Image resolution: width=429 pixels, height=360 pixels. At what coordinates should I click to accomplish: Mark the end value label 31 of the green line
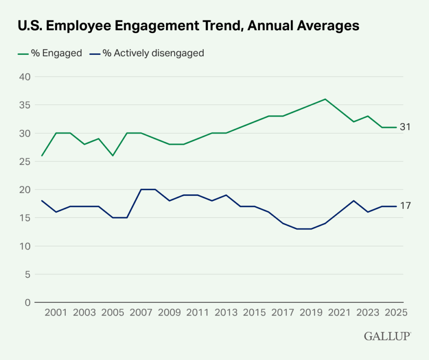tap(405, 127)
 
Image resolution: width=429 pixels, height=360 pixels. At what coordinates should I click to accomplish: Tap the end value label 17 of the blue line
tap(405, 206)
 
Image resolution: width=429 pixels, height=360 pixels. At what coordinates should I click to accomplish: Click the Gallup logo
tap(388, 336)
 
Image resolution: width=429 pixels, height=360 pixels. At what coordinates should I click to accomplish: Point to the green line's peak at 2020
tap(326, 99)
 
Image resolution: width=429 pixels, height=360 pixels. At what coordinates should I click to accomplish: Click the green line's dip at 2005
tap(112, 155)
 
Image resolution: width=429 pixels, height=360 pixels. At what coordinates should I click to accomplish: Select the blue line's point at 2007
tap(141, 189)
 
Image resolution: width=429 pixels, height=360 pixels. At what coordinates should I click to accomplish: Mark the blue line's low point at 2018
tap(297, 229)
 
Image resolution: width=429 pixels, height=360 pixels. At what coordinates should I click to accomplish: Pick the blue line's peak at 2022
tap(354, 201)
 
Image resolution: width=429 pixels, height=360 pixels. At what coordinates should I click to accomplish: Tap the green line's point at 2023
tap(368, 116)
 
